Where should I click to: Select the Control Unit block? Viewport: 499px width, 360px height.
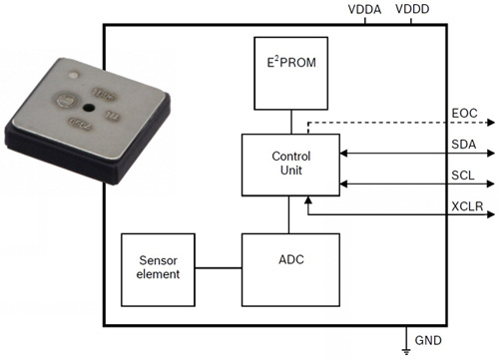290,165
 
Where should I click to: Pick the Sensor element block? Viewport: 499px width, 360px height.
158,268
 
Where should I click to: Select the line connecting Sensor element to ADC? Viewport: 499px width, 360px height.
218,268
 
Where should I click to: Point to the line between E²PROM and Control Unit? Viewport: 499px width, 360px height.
290,123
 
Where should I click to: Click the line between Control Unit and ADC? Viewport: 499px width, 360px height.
290,214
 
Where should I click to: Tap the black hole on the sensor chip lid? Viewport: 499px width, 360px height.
90,106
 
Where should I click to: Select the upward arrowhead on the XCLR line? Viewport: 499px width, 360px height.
311,202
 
